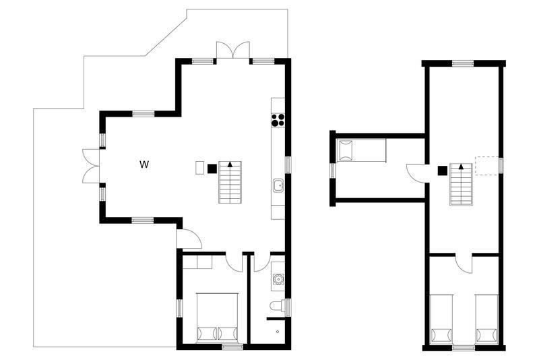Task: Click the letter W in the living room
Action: click(x=144, y=164)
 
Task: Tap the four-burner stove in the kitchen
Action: click(x=278, y=120)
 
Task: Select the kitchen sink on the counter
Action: click(x=278, y=185)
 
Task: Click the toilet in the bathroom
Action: click(x=278, y=305)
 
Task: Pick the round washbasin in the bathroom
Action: click(x=278, y=278)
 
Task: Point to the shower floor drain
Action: click(x=278, y=332)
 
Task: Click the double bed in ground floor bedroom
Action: click(x=217, y=318)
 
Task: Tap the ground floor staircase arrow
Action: click(x=230, y=164)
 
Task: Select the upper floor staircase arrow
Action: click(x=461, y=167)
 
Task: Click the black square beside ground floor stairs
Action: click(x=212, y=169)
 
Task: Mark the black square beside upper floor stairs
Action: click(x=443, y=171)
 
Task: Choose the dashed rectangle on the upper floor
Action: click(x=486, y=166)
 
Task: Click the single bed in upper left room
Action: click(x=361, y=150)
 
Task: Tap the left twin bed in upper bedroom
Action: click(x=441, y=320)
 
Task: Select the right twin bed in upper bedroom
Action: click(x=486, y=320)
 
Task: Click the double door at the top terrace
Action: click(x=232, y=50)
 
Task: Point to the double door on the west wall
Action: click(x=91, y=166)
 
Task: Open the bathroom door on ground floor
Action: click(x=262, y=263)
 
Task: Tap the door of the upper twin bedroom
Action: click(x=464, y=264)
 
